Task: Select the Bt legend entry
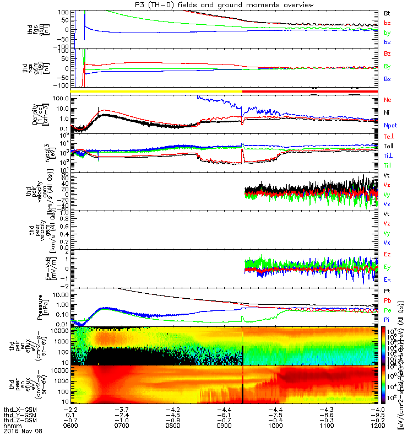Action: click(387, 12)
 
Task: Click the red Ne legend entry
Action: click(387, 100)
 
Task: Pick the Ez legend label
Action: click(387, 254)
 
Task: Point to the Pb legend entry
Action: click(387, 301)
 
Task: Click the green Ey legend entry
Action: click(387, 267)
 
